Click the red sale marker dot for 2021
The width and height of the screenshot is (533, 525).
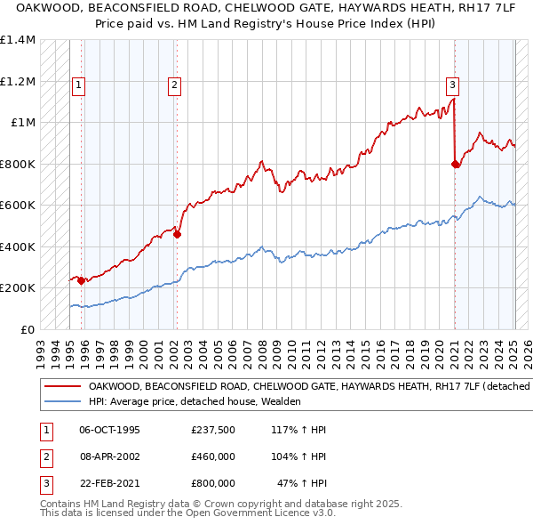pos(456,164)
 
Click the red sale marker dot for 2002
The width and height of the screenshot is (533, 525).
pos(177,235)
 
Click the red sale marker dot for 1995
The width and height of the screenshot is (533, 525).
pos(81,280)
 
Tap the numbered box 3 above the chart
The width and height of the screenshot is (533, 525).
pos(452,85)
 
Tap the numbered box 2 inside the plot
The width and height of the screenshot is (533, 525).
pos(174,85)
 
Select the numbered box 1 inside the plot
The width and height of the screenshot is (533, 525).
pos(78,85)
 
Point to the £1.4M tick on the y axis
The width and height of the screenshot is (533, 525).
pos(18,40)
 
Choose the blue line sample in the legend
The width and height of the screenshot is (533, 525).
pos(63,401)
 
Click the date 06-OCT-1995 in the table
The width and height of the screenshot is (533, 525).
pos(109,430)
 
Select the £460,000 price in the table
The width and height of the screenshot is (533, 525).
pos(212,456)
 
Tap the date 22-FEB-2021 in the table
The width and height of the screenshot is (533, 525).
pos(109,483)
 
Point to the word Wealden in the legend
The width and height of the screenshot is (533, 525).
pos(281,401)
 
